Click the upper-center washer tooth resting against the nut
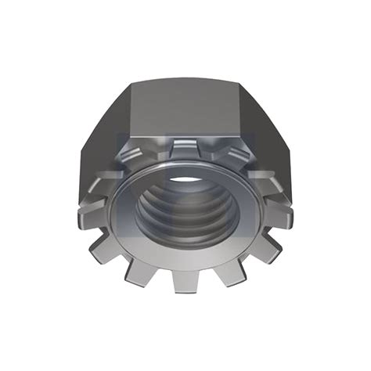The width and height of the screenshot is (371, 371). [182, 148]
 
